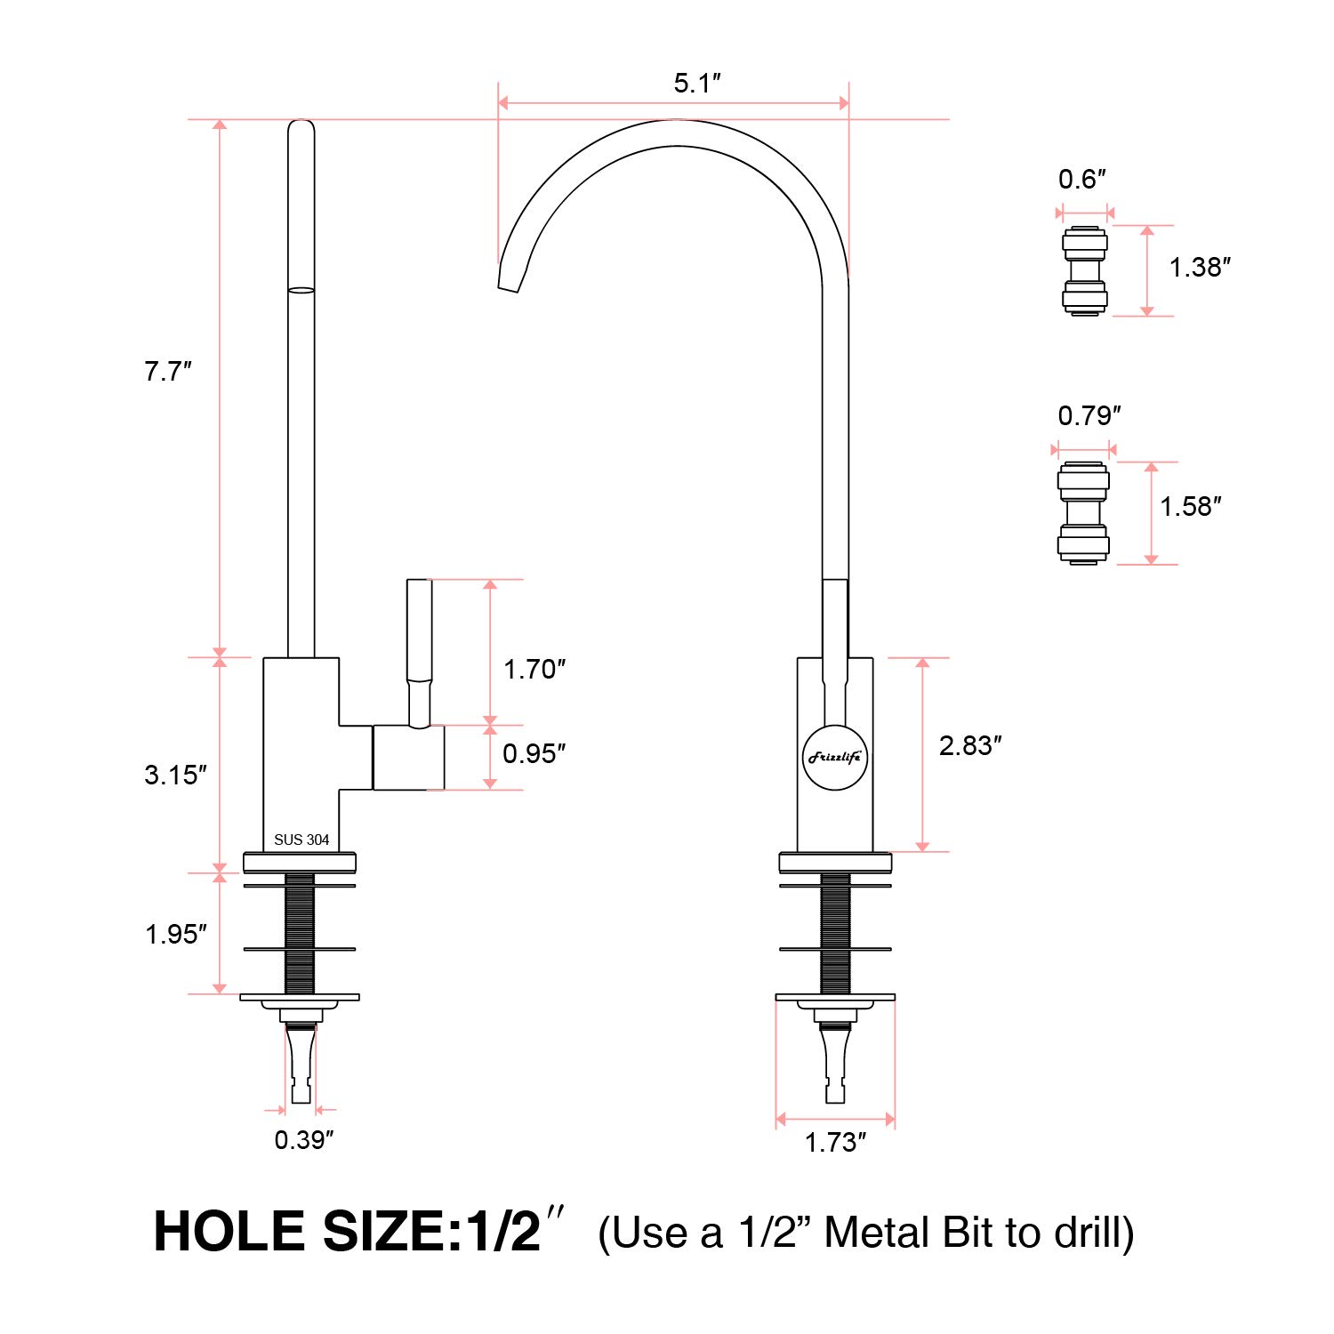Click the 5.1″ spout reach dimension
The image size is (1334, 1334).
click(x=697, y=84)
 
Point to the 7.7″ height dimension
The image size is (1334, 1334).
click(x=168, y=372)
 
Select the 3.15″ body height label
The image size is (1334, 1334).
click(x=176, y=775)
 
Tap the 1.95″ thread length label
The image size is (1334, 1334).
click(x=176, y=934)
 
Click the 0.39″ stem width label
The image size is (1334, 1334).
click(x=304, y=1140)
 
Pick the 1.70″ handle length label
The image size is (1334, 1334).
click(x=534, y=670)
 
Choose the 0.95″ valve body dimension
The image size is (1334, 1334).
click(x=534, y=754)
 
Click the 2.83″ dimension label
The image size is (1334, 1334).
click(x=971, y=745)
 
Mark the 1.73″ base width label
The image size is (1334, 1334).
click(x=836, y=1142)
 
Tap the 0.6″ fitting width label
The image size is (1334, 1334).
click(x=1082, y=180)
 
